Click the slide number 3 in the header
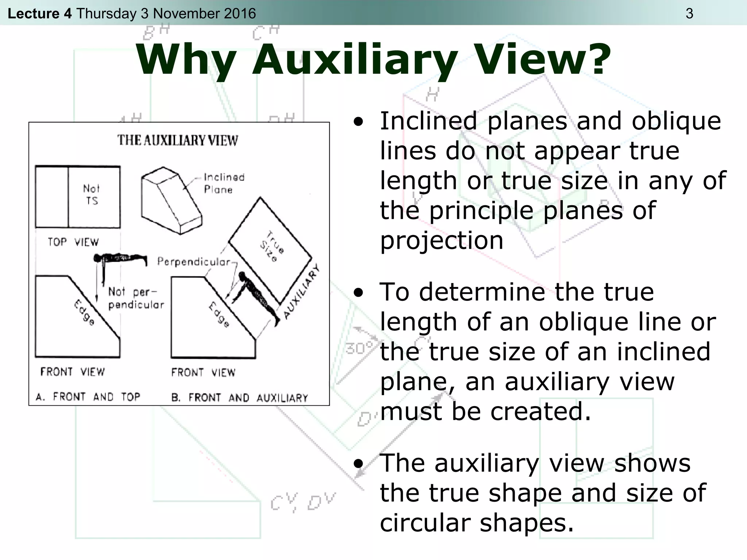click(x=689, y=13)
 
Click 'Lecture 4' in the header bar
click(x=39, y=13)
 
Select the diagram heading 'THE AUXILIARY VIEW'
click(x=178, y=140)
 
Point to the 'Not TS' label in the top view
click(x=91, y=195)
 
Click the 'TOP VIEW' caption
click(x=73, y=242)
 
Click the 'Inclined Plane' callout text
click(x=224, y=183)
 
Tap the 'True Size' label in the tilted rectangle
click(x=272, y=246)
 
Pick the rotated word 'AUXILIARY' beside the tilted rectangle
click(x=301, y=292)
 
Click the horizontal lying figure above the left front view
click(x=120, y=259)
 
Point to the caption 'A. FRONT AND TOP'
click(x=88, y=397)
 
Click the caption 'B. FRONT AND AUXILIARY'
click(x=240, y=397)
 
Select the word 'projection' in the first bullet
click(x=442, y=241)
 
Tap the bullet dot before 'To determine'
click(x=359, y=293)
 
